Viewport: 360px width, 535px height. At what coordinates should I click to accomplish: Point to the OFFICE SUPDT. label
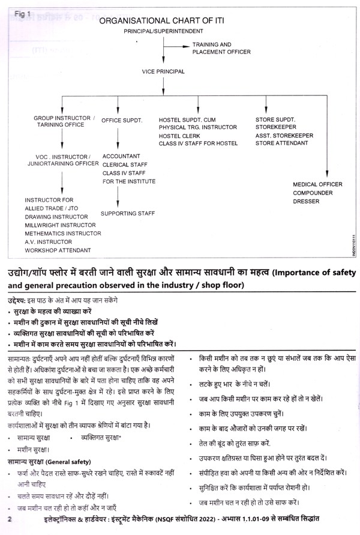point(122,121)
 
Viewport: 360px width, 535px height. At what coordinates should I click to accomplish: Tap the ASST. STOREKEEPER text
point(284,136)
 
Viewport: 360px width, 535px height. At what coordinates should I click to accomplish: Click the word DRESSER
point(307,202)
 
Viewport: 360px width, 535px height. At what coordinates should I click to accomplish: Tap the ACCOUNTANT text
point(122,155)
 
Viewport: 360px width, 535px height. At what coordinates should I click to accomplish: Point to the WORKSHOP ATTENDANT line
point(58,250)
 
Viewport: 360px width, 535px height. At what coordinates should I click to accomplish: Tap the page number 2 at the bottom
point(9,518)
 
